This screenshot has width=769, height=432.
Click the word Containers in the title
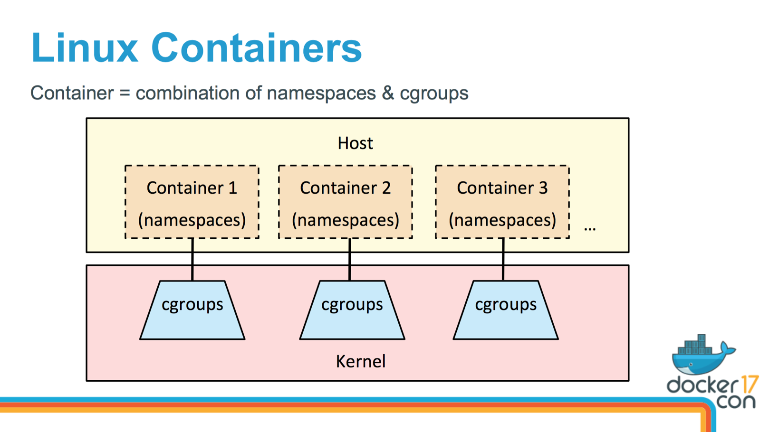point(256,48)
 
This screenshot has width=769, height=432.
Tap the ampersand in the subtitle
point(388,93)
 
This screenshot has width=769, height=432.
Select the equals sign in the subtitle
point(125,93)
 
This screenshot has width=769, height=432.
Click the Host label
point(355,143)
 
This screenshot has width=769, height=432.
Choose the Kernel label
point(360,362)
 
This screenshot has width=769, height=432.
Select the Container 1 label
point(192,188)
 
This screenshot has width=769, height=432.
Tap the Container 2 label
point(345,188)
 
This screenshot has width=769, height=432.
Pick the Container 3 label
point(502,188)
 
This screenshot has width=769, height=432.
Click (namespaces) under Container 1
point(192,220)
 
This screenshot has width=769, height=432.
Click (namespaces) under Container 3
point(502,220)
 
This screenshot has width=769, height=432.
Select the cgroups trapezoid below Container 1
point(192,311)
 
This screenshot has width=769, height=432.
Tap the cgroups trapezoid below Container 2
point(352,311)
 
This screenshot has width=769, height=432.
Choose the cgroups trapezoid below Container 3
point(506,311)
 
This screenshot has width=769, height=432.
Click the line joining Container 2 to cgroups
point(350,259)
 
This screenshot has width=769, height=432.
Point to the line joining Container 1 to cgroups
point(192,259)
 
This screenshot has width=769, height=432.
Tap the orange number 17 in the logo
point(749,384)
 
